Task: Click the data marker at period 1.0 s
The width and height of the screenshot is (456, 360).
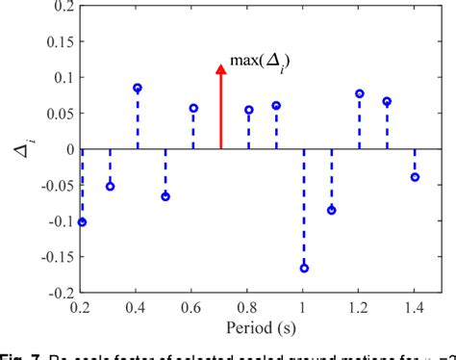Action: click(x=304, y=268)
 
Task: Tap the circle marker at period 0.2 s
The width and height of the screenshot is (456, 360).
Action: click(x=82, y=222)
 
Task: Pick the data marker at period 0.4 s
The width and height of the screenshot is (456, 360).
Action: click(x=138, y=88)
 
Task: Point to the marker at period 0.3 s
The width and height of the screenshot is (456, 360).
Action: click(x=110, y=186)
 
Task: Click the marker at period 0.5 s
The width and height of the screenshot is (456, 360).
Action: click(x=165, y=196)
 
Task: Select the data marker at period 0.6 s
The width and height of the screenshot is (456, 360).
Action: click(x=193, y=109)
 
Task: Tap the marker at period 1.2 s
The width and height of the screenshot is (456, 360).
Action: click(x=360, y=93)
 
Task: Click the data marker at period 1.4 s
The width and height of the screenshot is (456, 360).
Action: click(x=416, y=177)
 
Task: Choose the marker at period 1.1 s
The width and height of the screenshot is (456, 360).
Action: click(x=332, y=210)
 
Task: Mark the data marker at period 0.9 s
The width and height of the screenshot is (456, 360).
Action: click(x=276, y=106)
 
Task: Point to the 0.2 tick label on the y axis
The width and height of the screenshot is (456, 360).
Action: click(x=62, y=7)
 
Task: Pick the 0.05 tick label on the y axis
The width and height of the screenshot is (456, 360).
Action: click(x=58, y=114)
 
